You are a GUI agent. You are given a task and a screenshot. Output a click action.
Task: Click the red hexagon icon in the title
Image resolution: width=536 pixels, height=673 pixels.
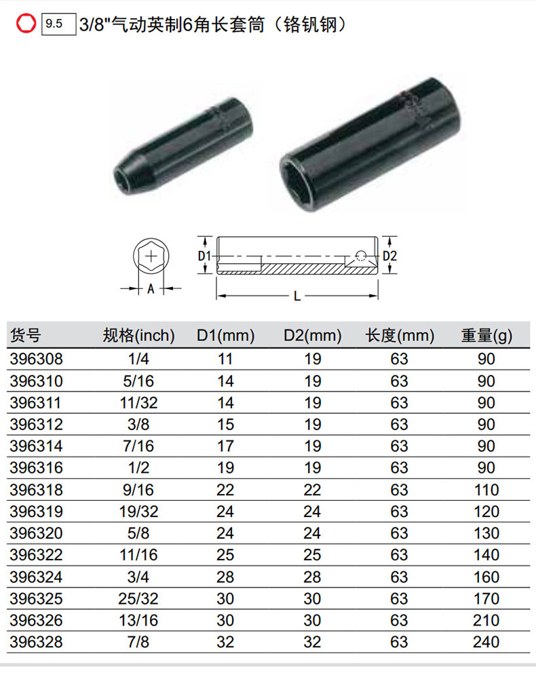[26, 23]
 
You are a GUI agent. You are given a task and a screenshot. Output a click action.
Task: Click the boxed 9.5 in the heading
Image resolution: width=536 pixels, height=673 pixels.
[58, 24]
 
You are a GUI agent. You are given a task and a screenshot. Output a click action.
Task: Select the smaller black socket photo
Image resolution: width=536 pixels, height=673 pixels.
[183, 146]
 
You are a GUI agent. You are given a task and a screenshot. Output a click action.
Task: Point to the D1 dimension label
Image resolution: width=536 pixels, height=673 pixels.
[204, 256]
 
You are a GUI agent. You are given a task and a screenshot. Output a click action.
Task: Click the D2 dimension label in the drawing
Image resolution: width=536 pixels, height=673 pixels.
[389, 256]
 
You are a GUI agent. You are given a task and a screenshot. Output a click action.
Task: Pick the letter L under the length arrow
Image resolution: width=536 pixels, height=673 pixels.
[297, 296]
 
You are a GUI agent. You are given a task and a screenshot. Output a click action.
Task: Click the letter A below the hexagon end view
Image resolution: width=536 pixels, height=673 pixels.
[151, 289]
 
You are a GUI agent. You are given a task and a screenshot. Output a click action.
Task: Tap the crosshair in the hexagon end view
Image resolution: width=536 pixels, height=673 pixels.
[151, 256]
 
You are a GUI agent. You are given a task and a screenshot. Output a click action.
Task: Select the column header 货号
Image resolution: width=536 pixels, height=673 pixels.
[25, 335]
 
